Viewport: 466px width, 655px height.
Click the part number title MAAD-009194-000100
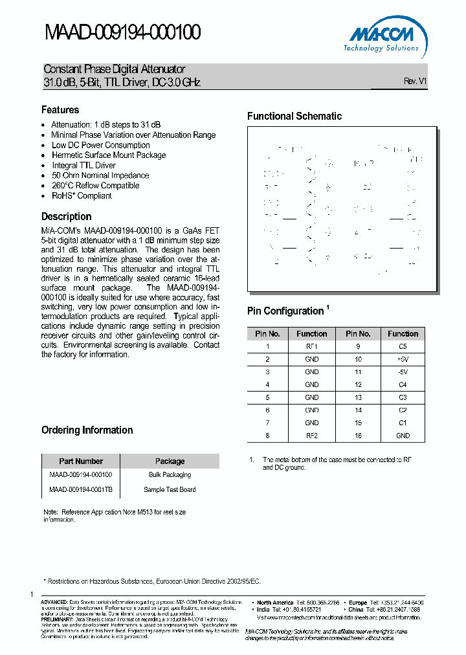pyautogui.click(x=122, y=32)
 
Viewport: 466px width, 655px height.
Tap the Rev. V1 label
pyautogui.click(x=415, y=82)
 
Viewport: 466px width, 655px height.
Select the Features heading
pyautogui.click(x=60, y=110)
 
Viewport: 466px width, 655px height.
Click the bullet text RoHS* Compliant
pyautogui.click(x=82, y=195)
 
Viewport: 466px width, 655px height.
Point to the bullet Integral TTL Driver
pyautogui.click(x=83, y=165)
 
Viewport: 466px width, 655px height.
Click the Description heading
pyautogui.click(x=67, y=217)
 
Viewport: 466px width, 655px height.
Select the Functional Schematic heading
pyautogui.click(x=294, y=117)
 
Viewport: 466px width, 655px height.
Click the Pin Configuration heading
pyautogui.click(x=285, y=311)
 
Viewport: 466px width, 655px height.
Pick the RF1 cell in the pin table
pyautogui.click(x=312, y=346)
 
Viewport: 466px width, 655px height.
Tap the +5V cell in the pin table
pyautogui.click(x=403, y=359)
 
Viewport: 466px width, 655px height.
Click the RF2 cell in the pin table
pyautogui.click(x=312, y=436)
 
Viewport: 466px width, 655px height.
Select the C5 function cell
pyautogui.click(x=403, y=346)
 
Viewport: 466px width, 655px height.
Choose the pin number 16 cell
pyautogui.click(x=358, y=436)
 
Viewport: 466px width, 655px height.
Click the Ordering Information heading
pyautogui.click(x=87, y=430)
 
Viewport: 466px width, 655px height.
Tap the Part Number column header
pyautogui.click(x=81, y=461)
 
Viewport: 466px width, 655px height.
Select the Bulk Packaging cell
pyautogui.click(x=170, y=475)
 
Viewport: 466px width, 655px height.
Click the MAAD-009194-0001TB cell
pyautogui.click(x=81, y=489)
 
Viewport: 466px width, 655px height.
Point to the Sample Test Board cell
pyautogui.click(x=170, y=489)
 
